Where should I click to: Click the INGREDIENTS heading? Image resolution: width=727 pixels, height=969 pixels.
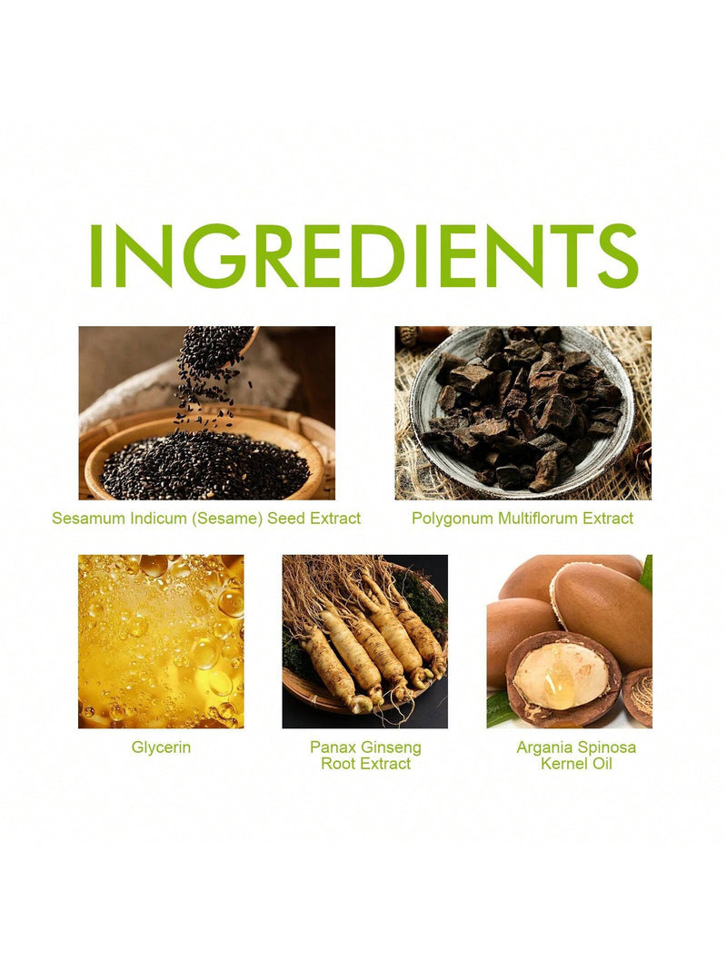364,256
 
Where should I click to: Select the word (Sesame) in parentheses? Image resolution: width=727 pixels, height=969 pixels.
227,519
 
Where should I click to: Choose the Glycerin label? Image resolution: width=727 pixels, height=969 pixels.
161,747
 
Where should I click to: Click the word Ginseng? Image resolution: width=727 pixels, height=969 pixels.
392,747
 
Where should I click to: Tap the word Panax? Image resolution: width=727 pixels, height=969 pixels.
334,747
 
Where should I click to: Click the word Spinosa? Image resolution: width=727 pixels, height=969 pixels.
606,747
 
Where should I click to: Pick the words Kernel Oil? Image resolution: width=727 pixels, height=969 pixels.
576,763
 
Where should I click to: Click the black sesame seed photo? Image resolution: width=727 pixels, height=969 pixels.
206,413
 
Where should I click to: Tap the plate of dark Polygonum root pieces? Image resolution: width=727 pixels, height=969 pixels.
523,411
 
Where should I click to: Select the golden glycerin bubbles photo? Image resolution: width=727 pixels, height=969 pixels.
161,641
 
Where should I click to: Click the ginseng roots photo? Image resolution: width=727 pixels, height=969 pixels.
364,641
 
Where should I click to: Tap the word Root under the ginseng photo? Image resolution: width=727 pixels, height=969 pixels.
337,763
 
